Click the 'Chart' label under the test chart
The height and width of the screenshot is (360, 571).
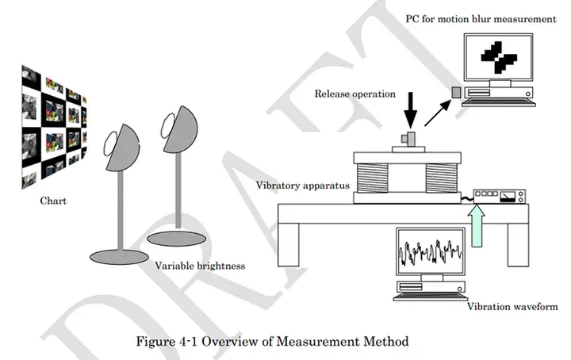point(53,201)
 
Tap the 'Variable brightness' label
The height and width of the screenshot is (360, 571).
point(200,266)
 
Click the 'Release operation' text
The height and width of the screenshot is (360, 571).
point(355,94)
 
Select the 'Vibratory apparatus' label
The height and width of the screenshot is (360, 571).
point(303,186)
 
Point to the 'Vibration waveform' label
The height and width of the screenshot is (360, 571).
point(512,307)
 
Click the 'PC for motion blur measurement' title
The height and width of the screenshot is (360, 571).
point(481,18)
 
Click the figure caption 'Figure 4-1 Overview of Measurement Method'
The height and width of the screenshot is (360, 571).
point(272,342)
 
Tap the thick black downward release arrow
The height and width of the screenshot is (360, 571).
point(411,110)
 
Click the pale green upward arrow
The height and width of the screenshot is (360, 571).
point(477,226)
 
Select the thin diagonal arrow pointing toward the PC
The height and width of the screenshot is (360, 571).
point(437,113)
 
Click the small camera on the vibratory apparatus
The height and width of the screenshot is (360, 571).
point(408,139)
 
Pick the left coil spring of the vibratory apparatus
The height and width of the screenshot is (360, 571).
point(373,178)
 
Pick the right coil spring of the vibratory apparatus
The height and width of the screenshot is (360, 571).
point(442,178)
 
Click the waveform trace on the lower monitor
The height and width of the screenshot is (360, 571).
point(431,252)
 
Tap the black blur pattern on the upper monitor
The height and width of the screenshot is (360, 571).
point(499,57)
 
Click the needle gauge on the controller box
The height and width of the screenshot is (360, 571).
point(508,197)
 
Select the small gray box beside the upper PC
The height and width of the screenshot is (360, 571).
point(456,92)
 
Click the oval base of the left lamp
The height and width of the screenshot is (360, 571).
point(120,257)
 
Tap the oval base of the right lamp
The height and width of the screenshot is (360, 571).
point(177,239)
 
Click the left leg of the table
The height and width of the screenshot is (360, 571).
point(289,245)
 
